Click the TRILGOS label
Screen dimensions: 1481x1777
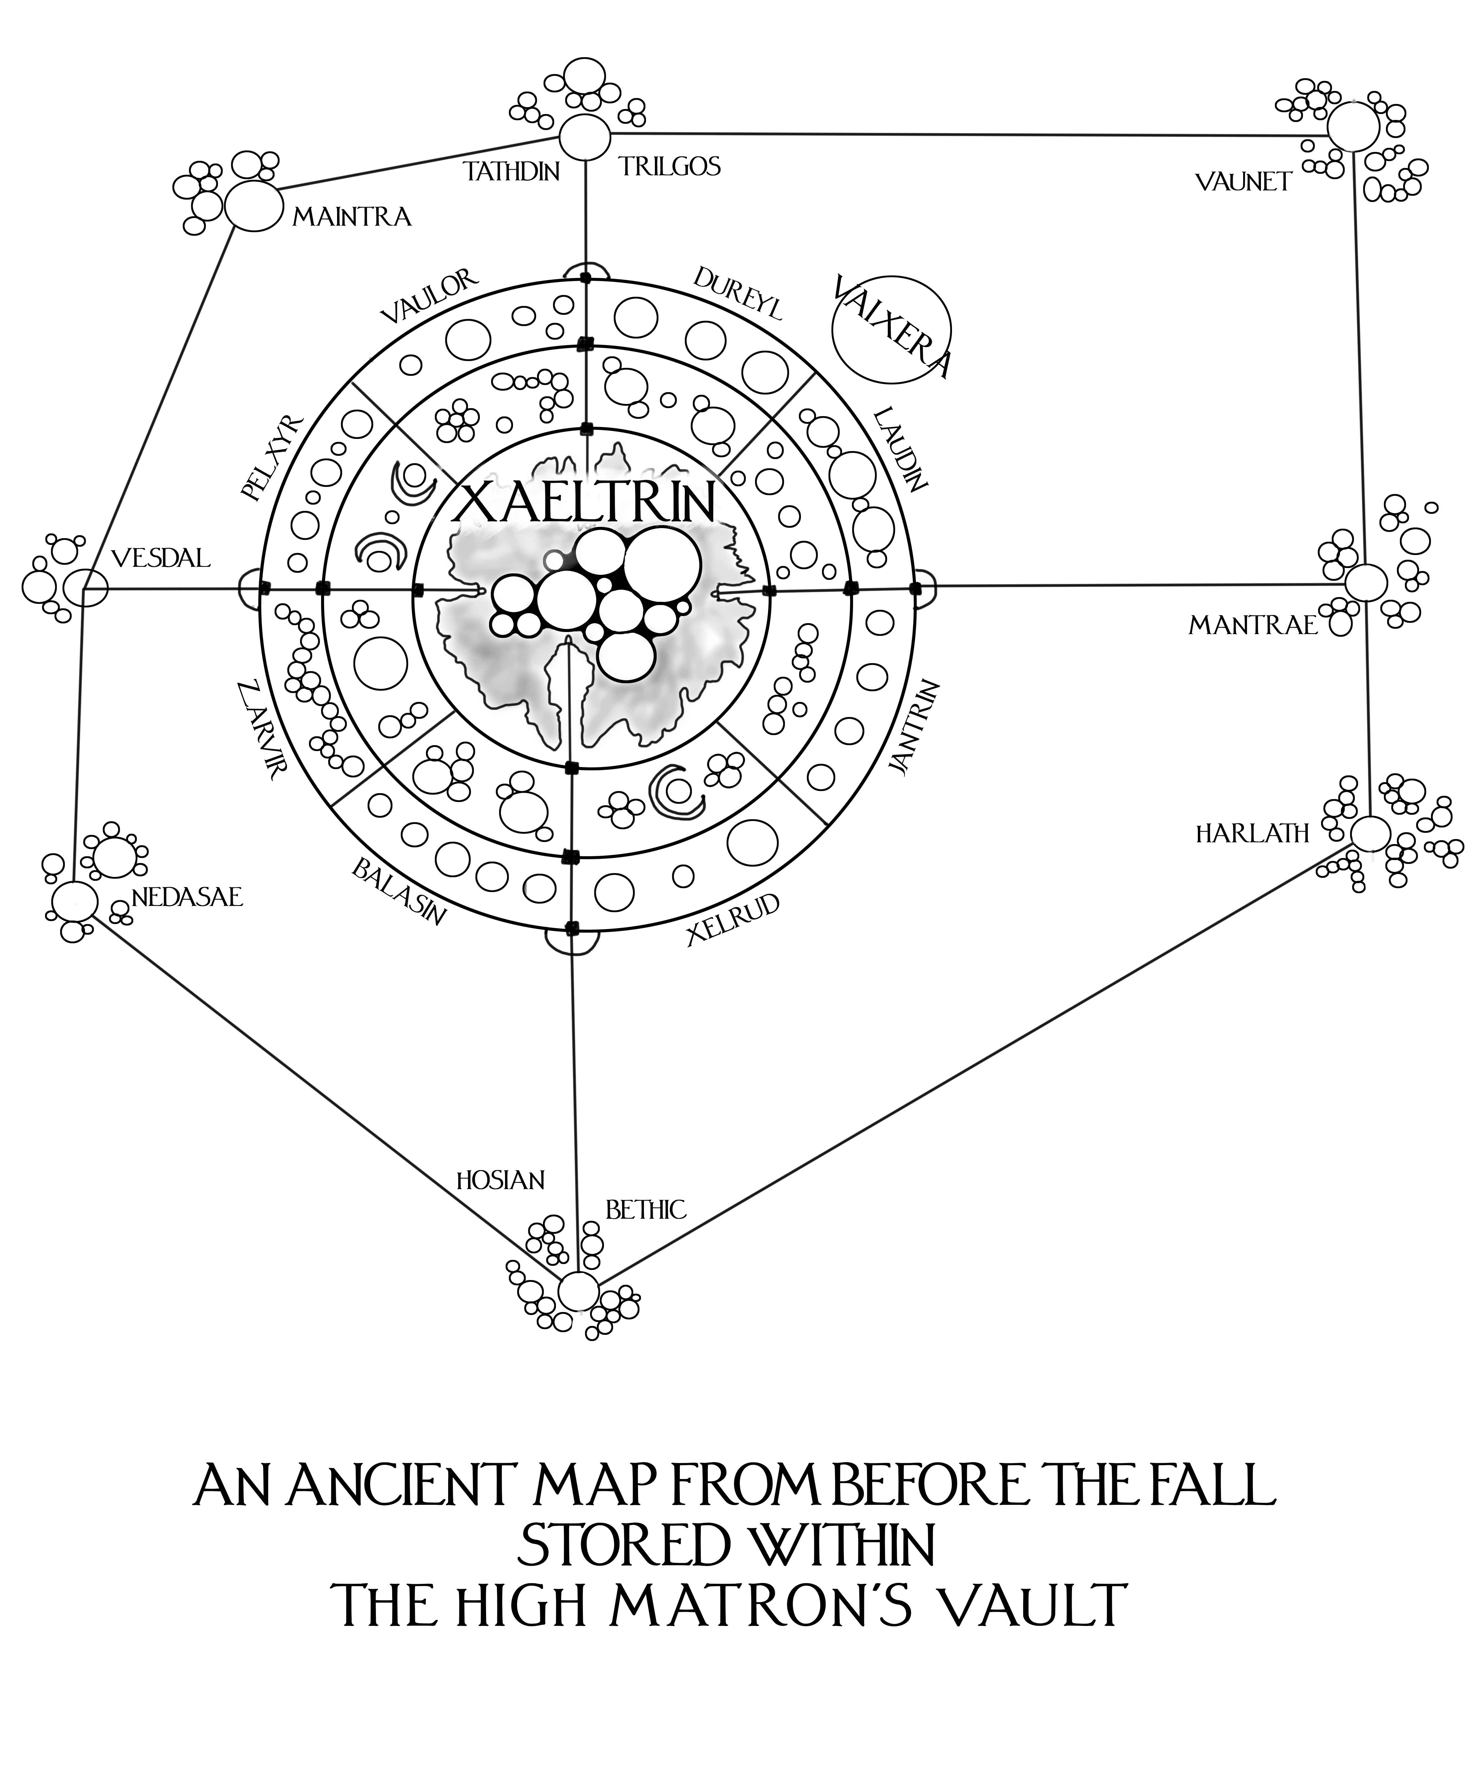pos(669,167)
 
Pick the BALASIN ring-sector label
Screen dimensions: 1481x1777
pos(398,894)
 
